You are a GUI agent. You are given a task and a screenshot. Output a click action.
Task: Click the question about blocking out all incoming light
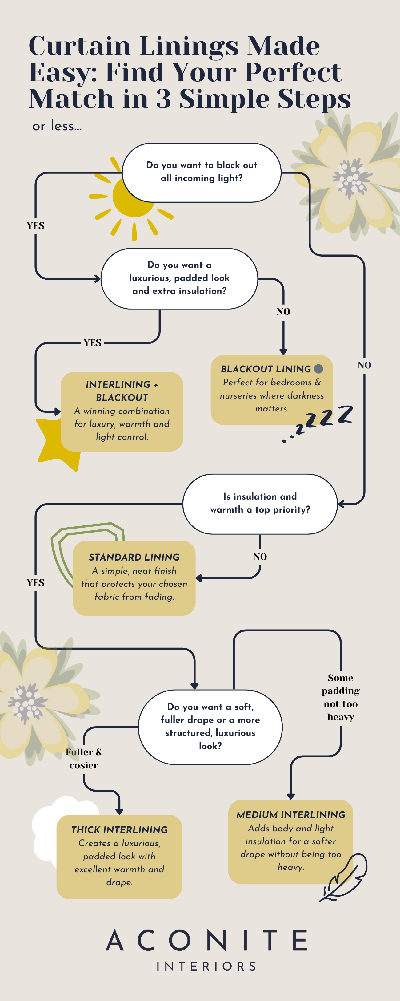202,172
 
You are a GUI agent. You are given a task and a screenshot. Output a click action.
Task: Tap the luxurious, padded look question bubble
179,278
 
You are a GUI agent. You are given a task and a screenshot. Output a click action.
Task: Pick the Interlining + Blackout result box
122,411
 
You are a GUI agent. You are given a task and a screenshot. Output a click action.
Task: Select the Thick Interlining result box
119,856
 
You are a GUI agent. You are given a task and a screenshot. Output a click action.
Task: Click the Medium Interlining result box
290,841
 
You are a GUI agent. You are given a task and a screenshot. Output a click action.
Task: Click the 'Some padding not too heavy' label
341,697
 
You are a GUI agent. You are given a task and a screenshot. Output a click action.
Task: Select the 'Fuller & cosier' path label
84,759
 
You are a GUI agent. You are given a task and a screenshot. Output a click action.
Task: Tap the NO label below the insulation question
260,557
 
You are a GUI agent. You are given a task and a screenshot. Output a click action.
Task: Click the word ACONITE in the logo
206,940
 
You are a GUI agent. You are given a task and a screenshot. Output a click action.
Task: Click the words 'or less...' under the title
57,126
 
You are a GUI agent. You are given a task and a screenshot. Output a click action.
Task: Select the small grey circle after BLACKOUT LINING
318,368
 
